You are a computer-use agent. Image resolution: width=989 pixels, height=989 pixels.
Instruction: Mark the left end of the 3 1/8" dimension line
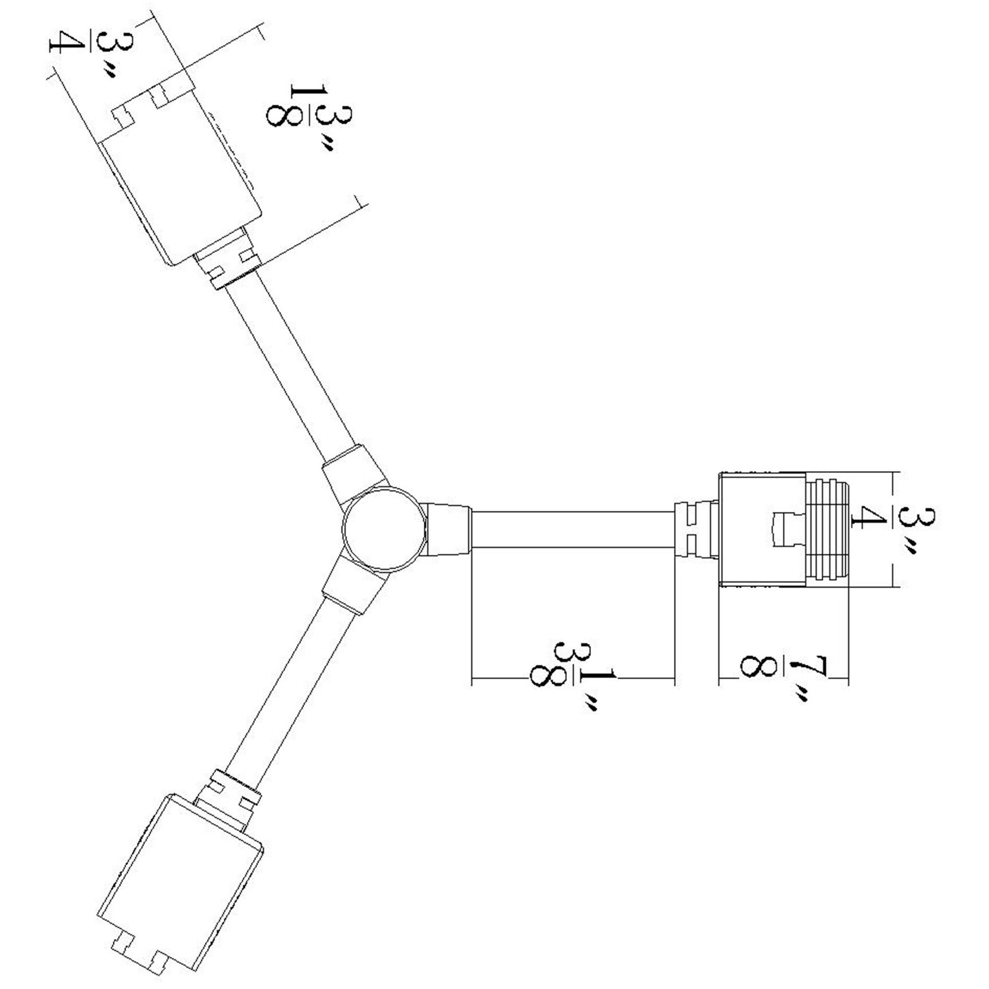(471, 679)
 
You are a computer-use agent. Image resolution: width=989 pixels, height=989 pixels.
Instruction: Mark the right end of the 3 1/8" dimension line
(675, 679)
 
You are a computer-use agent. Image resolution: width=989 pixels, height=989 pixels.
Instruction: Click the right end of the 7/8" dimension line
(848, 680)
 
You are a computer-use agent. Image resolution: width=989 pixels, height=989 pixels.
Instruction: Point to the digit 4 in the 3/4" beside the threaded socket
(862, 520)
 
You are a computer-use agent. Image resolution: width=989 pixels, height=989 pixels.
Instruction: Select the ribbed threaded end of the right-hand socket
(828, 529)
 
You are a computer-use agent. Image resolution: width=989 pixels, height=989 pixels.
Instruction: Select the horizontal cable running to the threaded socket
(573, 529)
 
